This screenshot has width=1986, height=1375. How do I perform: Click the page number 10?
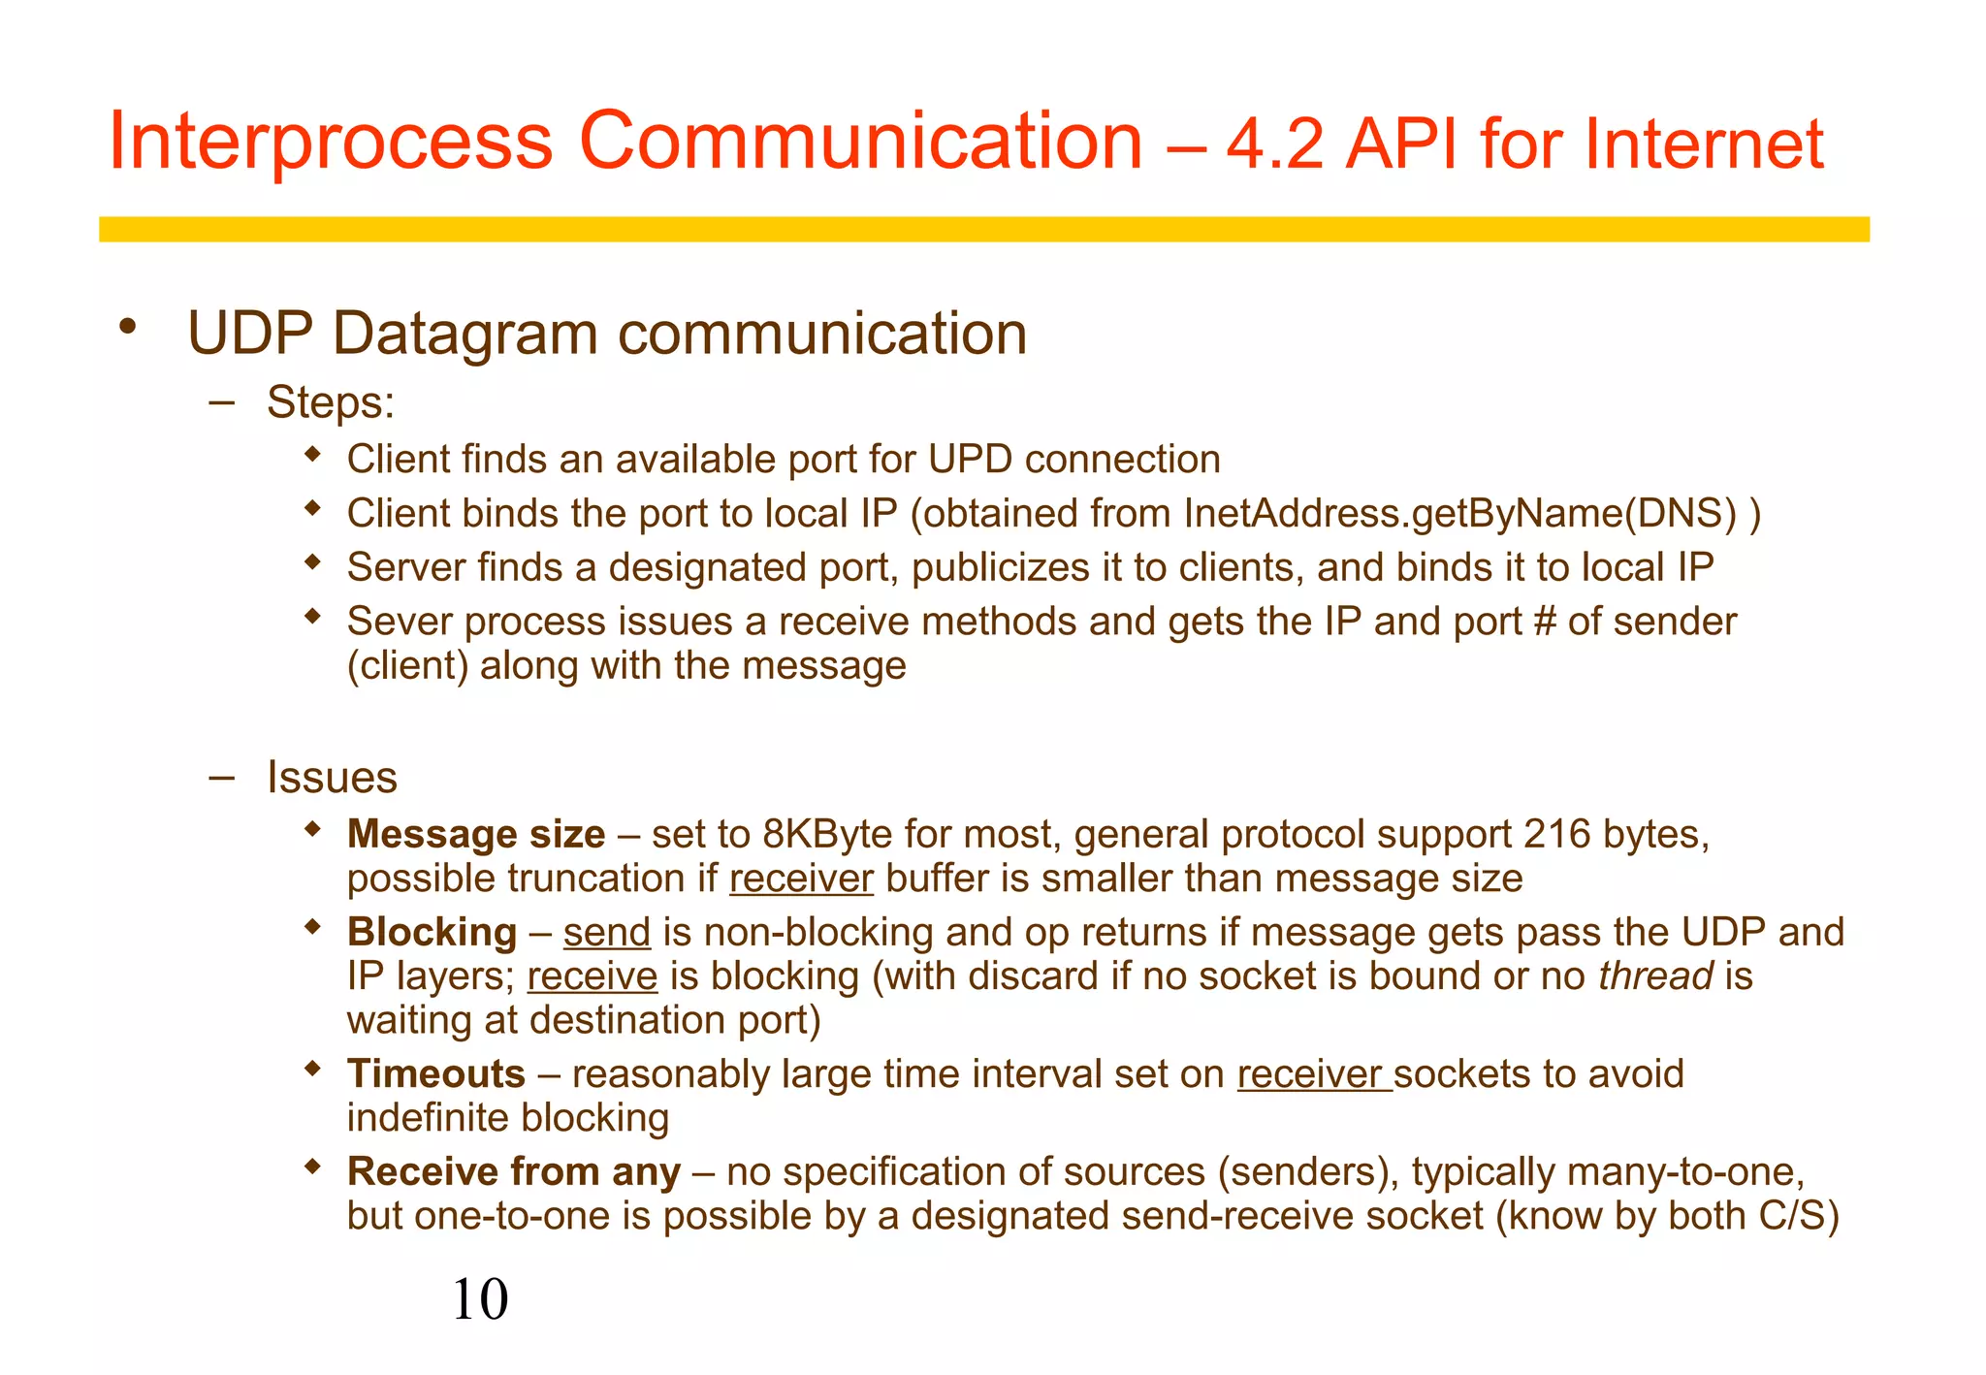480,1299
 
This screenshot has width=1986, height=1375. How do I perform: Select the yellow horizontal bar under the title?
983,229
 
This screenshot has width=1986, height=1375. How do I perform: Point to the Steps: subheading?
331,402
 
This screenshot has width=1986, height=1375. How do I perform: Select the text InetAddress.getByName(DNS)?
1460,514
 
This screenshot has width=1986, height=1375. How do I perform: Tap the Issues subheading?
332,778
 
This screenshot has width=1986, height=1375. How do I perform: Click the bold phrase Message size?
475,835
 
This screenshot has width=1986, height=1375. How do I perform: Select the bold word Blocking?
432,933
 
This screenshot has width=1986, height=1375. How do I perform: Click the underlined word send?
606,933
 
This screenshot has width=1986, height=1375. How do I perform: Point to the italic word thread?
1655,976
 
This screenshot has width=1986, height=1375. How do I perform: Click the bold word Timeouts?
436,1074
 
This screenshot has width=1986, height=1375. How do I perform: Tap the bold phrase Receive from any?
513,1172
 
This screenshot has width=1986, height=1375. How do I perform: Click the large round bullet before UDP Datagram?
127,327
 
